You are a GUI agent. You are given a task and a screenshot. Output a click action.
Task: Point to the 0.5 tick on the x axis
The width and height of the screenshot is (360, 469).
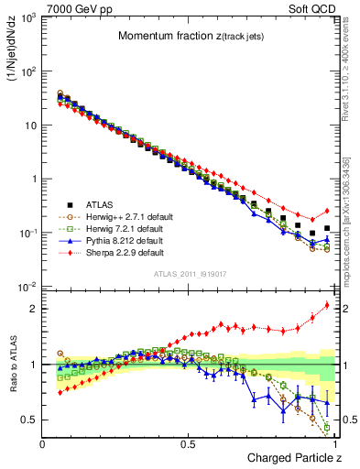pyautogui.click(x=189, y=443)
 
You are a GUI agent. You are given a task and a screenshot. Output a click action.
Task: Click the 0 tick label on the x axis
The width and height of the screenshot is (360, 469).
pyautogui.click(x=43, y=443)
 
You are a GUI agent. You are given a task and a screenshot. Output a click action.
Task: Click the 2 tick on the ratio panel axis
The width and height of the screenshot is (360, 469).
pyautogui.click(x=34, y=309)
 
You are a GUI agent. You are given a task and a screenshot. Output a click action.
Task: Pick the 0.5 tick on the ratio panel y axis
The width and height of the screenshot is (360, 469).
pyautogui.click(x=30, y=420)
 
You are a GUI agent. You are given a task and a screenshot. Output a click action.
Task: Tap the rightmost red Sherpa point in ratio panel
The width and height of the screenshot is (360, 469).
pyautogui.click(x=327, y=305)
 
